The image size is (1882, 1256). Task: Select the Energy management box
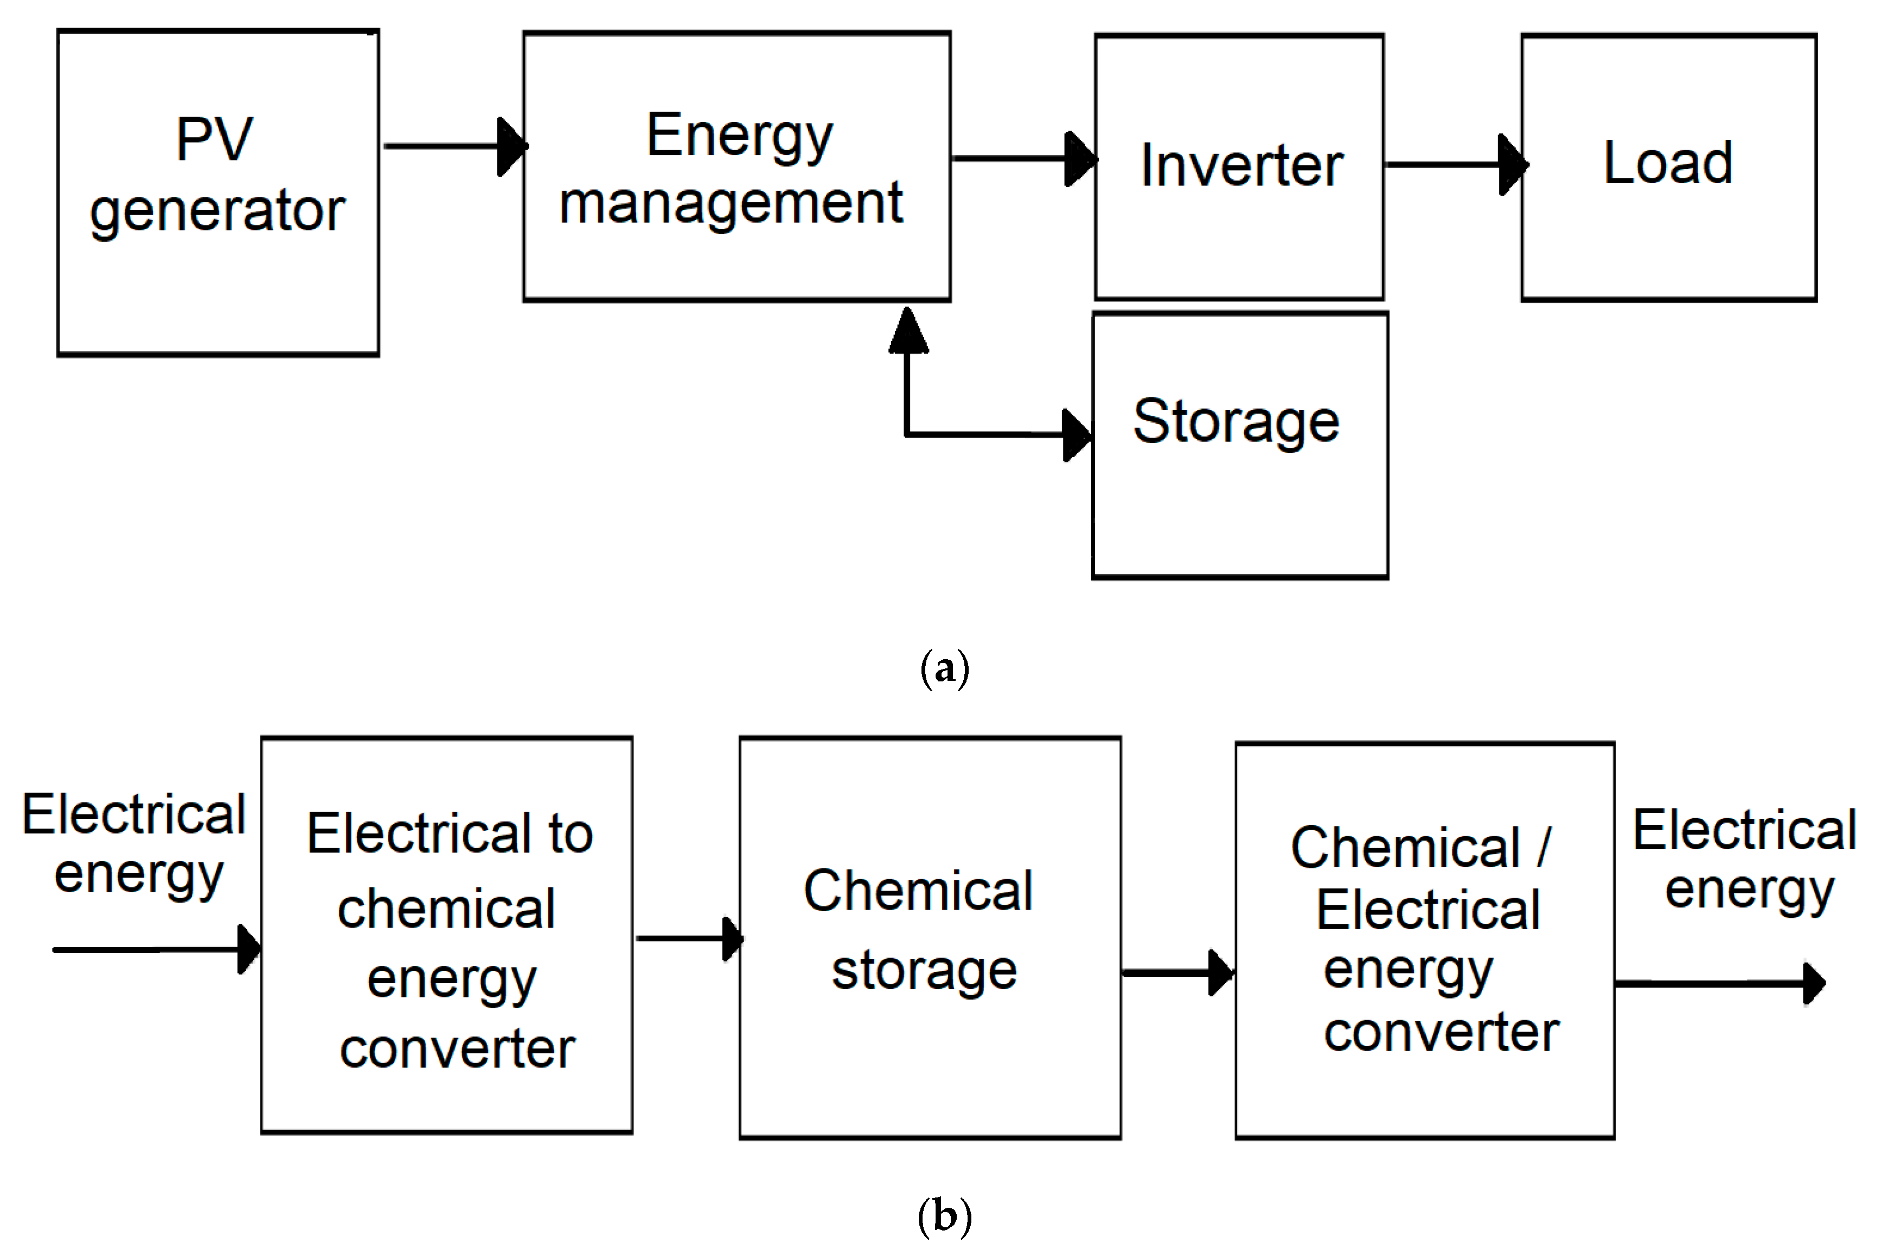tap(737, 166)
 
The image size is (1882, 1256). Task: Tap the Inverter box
tap(1239, 166)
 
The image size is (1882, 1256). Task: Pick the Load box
tap(1668, 166)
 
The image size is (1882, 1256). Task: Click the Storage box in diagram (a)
tap(1239, 446)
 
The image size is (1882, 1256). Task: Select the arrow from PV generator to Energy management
tap(453, 146)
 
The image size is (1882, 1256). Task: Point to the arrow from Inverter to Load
tap(1454, 164)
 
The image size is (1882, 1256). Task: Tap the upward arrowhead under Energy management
tap(908, 331)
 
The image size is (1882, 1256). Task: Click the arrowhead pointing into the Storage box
tap(1076, 435)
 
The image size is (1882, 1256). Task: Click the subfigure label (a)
tap(945, 668)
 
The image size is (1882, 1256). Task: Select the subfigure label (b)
tap(945, 1216)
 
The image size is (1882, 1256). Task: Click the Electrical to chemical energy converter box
tap(446, 935)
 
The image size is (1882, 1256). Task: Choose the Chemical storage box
tap(930, 937)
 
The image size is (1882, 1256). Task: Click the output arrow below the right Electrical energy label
tap(1719, 983)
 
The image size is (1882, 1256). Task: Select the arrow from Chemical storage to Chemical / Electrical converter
tap(1177, 972)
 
